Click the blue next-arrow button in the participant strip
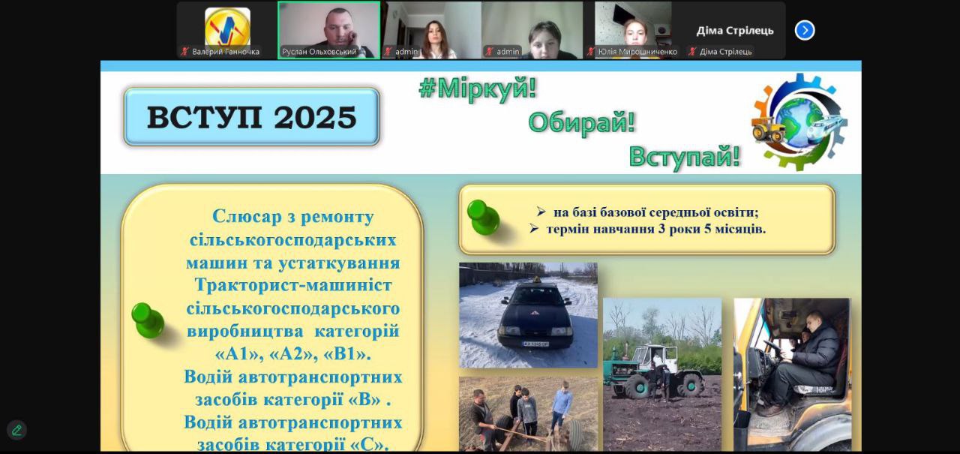pos(805,31)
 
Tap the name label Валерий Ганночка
pos(226,52)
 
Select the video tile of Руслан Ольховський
pos(328,30)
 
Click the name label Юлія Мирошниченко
pos(637,52)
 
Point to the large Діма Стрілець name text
pos(734,31)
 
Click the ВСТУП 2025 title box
pos(251,116)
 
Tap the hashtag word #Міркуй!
pos(478,89)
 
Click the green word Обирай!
pos(581,122)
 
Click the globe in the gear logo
pos(799,122)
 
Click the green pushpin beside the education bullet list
pos(483,217)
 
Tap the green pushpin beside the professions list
pos(148,320)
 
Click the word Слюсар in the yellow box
pos(247,216)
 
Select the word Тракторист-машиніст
pos(293,285)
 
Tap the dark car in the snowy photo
pos(535,317)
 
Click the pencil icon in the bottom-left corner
pos(16,430)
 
